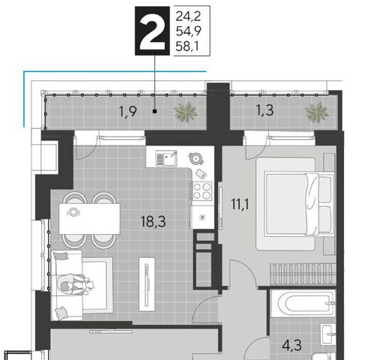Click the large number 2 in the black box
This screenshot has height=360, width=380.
click(152, 31)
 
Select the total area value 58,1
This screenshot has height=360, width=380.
click(187, 46)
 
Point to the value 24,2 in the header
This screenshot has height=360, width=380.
click(188, 16)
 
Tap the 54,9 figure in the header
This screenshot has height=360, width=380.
click(188, 31)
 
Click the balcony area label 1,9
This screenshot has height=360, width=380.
click(128, 112)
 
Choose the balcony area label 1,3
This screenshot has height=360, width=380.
click(265, 110)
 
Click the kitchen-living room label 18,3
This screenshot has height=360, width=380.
click(153, 221)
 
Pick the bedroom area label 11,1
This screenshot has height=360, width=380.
click(240, 204)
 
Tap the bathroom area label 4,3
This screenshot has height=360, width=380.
click(292, 346)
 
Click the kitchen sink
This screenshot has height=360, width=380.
click(166, 158)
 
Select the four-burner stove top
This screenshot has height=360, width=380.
click(202, 190)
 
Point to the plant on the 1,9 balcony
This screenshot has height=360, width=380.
click(185, 112)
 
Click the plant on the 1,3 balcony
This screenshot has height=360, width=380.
click(316, 112)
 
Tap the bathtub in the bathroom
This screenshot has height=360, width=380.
click(304, 303)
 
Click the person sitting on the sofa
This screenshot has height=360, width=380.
click(75, 285)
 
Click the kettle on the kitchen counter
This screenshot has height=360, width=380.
click(196, 158)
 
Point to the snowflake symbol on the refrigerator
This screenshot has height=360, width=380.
click(202, 217)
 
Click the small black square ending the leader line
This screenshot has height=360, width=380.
click(154, 112)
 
